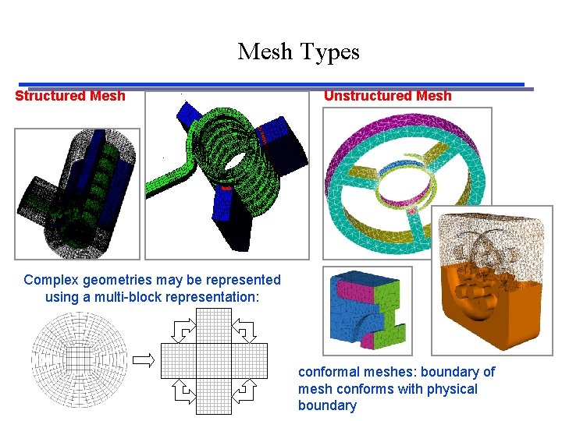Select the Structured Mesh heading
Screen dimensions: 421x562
[x=70, y=96]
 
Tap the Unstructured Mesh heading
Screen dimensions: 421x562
[x=387, y=96]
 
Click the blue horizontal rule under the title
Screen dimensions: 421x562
[x=271, y=84]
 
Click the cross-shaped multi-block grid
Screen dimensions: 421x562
[x=212, y=360]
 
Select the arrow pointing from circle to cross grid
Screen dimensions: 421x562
[x=144, y=359]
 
